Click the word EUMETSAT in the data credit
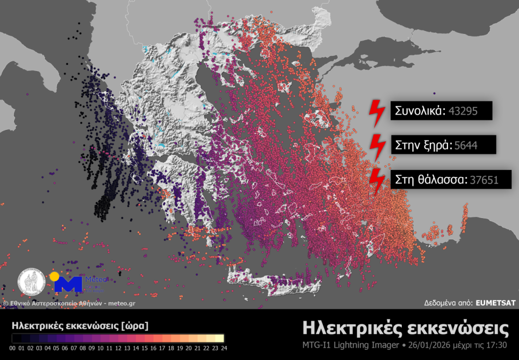pyautogui.click(x=495, y=303)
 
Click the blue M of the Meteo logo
pyautogui.click(x=68, y=284)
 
